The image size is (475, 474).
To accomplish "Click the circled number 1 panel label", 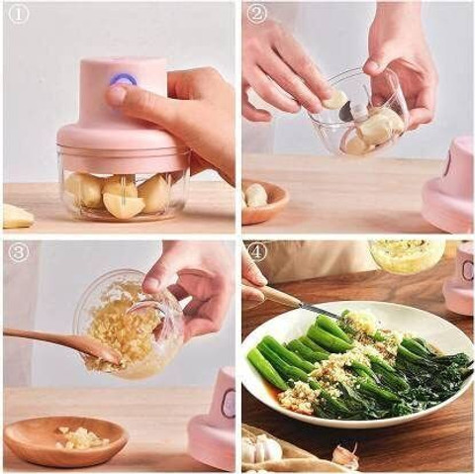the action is (x=19, y=14).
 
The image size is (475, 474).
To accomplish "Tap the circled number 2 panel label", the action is (x=257, y=14).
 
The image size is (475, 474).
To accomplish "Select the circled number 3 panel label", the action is (x=19, y=252).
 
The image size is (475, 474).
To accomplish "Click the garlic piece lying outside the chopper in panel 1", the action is (x=18, y=216).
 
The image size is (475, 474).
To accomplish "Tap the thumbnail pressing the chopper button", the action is (x=116, y=96).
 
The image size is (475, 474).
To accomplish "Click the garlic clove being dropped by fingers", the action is (x=334, y=99).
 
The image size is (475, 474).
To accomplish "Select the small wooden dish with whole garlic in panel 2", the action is (x=265, y=200).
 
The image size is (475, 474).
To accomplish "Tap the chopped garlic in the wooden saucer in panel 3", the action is (x=82, y=437).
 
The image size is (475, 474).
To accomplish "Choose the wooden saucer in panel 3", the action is (x=65, y=437).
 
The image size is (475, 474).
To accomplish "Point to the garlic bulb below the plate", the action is (x=262, y=447).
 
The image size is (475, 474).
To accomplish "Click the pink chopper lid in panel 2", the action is (x=450, y=185).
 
